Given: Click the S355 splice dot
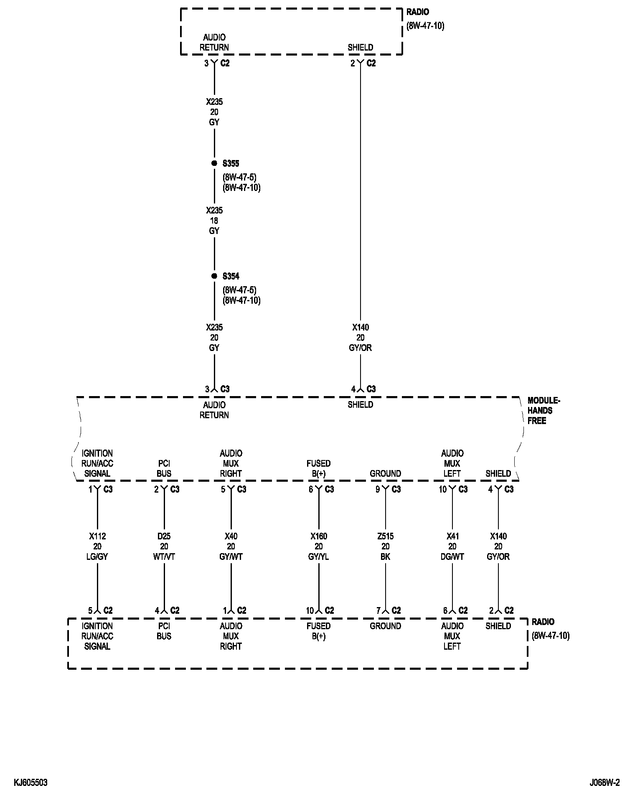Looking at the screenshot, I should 214,163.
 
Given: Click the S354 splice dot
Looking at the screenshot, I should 214,276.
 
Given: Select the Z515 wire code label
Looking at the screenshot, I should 385,536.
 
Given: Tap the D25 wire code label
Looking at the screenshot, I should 164,536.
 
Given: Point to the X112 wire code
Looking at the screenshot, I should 97,536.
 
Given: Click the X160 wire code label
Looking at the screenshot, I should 319,536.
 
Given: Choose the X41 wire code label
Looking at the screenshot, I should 452,536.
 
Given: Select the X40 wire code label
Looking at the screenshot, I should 231,536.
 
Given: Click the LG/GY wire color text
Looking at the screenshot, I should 97,557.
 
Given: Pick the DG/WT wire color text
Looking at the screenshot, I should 452,557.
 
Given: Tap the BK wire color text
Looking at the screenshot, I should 385,557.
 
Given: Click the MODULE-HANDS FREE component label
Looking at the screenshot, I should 544,411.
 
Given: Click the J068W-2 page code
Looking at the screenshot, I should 605,783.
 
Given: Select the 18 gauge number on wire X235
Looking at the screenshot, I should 214,221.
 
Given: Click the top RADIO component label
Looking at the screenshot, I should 417,12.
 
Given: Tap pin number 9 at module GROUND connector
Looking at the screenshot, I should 378,489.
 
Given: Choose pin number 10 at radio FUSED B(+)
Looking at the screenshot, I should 310,611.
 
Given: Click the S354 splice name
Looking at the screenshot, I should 231,276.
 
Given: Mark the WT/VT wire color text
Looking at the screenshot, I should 164,557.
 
